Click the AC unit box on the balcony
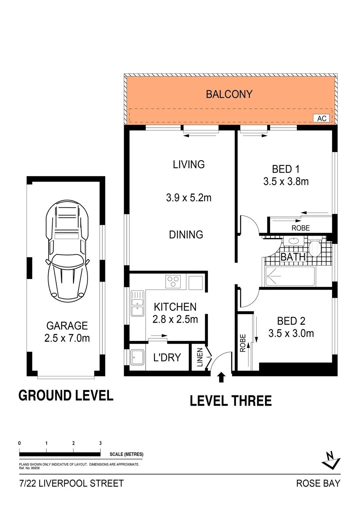(321, 118)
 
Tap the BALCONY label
(229, 94)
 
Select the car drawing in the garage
(67, 251)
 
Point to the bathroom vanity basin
(294, 241)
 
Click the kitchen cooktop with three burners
(173, 282)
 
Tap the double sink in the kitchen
(137, 303)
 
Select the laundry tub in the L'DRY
(137, 357)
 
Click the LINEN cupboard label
(200, 357)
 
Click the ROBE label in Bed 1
(300, 228)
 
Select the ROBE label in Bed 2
(243, 343)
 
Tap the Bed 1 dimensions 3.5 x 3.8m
(286, 182)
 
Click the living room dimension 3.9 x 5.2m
(189, 198)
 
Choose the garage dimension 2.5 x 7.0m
(67, 338)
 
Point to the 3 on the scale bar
(100, 443)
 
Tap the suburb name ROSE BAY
(318, 483)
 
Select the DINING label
(186, 235)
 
